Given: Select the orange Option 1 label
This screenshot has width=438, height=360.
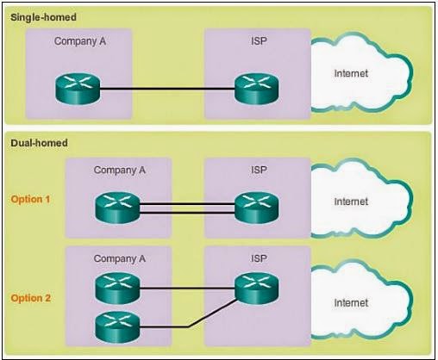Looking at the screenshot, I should click(x=30, y=199).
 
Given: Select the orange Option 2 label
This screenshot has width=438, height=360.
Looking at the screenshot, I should click(x=30, y=298).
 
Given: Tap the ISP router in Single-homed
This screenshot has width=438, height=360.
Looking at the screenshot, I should click(x=255, y=88).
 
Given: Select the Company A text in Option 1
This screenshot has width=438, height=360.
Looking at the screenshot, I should click(x=119, y=170).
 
